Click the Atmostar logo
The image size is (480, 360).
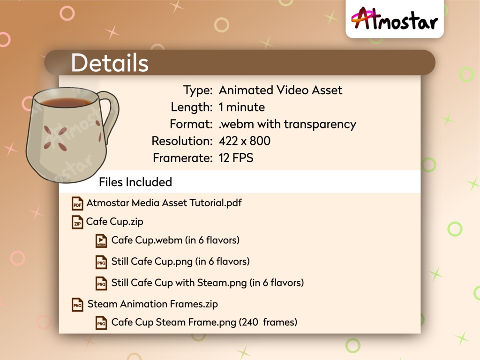394,19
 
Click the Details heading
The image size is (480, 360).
110,63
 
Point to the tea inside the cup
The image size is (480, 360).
66,102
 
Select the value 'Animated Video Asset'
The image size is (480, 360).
280,90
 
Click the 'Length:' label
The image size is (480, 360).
191,107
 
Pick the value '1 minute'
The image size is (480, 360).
241,107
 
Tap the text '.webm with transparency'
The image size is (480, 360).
287,124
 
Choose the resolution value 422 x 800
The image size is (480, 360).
244,141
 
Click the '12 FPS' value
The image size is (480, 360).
236,158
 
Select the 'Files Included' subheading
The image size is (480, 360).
135,182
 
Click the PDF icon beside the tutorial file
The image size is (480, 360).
77,204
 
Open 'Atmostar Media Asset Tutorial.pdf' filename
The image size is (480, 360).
164,203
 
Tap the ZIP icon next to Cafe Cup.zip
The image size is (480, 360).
77,222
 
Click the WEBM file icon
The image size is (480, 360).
101,241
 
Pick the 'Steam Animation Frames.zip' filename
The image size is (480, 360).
153,304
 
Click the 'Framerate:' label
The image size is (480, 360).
182,158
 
